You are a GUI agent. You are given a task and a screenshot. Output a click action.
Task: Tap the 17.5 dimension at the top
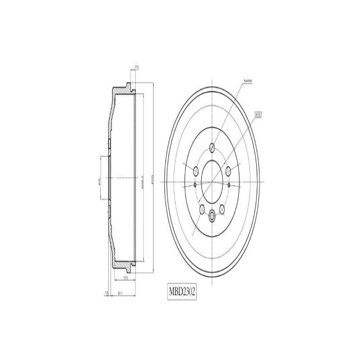coord(136,69)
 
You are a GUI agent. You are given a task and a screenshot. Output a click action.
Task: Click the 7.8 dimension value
coord(106,293)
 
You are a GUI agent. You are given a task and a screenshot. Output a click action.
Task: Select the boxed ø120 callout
coord(258,115)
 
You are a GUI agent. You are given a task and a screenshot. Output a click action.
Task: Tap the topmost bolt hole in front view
coord(212,146)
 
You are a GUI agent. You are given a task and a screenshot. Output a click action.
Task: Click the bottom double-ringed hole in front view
coord(212,216)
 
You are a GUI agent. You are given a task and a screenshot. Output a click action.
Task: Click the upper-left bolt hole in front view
coord(196,171)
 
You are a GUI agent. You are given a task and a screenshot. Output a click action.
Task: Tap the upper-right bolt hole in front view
coord(228,171)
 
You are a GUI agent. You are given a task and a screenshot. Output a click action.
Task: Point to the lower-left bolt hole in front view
coord(201,208)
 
